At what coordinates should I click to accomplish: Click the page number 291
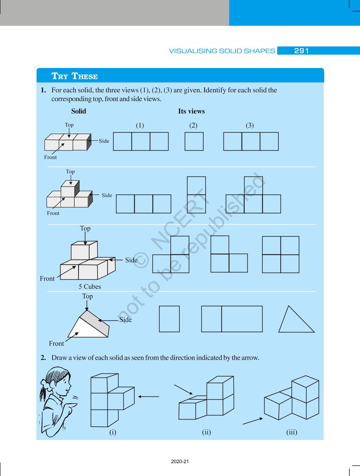pyautogui.click(x=301, y=51)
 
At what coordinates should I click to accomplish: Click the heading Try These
pyautogui.click(x=75, y=76)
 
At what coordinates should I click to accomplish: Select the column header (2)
pyautogui.click(x=193, y=125)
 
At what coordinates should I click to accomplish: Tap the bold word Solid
pyautogui.click(x=79, y=111)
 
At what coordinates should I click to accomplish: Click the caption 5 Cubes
pyautogui.click(x=90, y=286)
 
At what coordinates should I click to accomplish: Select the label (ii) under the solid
pyautogui.click(x=206, y=432)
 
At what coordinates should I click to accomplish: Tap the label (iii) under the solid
pyautogui.click(x=292, y=432)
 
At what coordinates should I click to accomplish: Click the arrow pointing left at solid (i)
pyautogui.click(x=149, y=397)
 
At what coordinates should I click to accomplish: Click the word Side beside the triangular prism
pyautogui.click(x=125, y=320)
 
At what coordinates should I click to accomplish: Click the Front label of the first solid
pyautogui.click(x=50, y=157)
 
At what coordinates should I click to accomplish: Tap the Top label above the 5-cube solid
pyautogui.click(x=85, y=229)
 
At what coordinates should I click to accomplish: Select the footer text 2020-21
pyautogui.click(x=180, y=461)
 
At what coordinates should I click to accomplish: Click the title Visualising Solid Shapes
pyautogui.click(x=222, y=51)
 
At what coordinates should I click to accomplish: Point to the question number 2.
pyautogui.click(x=43, y=358)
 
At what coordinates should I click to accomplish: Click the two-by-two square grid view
pyautogui.click(x=281, y=254)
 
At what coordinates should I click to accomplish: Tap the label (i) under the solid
pyautogui.click(x=113, y=432)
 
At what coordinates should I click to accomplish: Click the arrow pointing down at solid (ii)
pyautogui.click(x=183, y=389)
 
